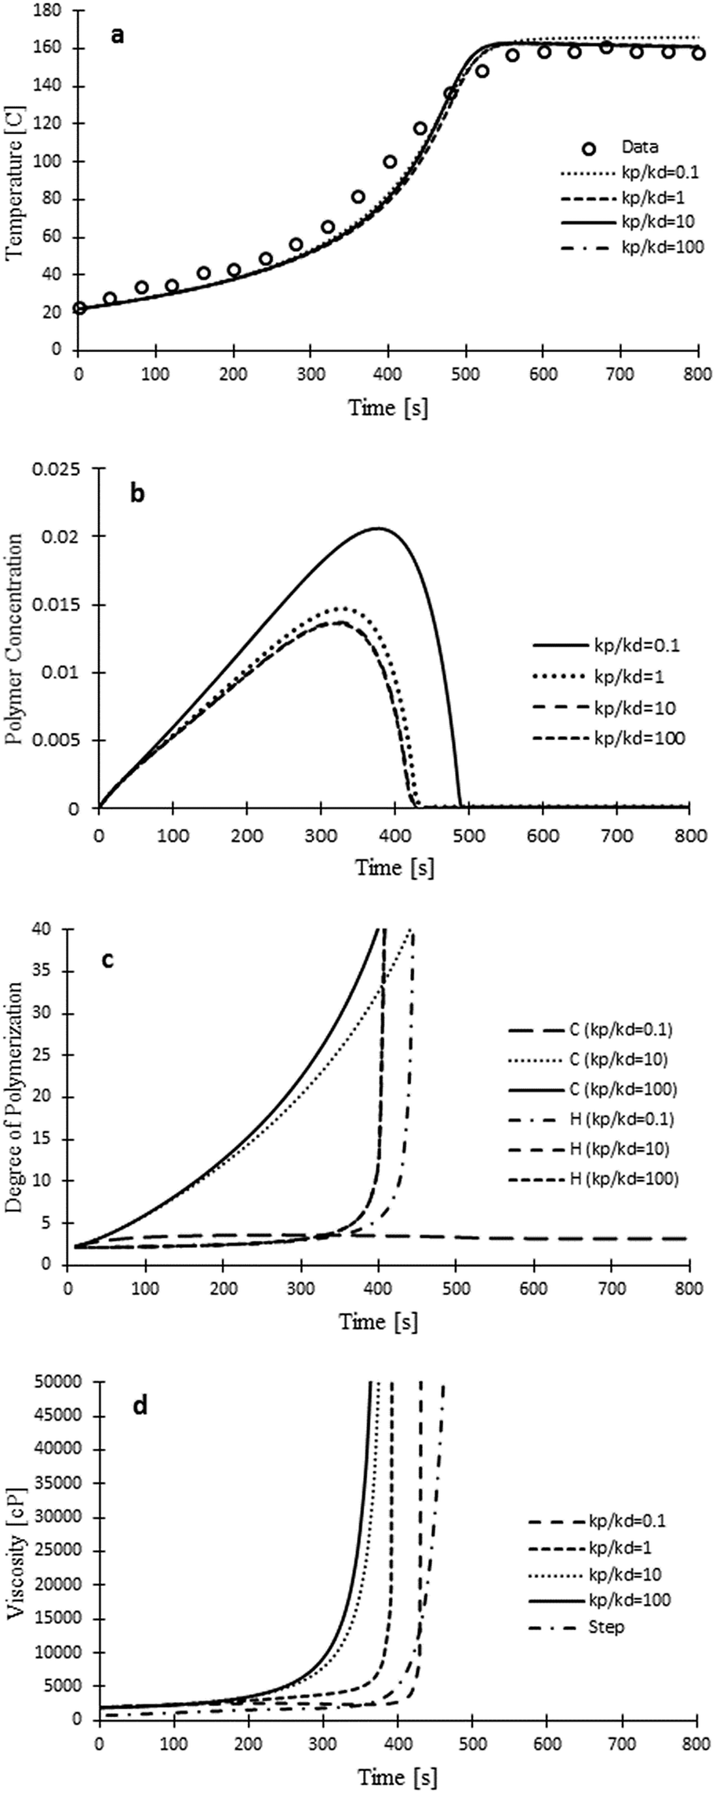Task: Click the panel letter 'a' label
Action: tap(118, 36)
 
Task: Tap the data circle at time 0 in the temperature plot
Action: tap(79, 308)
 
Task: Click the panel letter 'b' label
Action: tap(138, 495)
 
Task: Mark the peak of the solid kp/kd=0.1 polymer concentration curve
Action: tap(377, 528)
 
